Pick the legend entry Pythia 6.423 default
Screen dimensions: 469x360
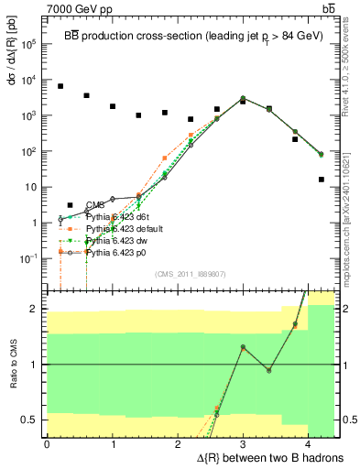pyautogui.click(x=120, y=228)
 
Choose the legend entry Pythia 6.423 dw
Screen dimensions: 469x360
pyautogui.click(x=114, y=239)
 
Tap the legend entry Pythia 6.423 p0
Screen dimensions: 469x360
pyautogui.click(x=114, y=250)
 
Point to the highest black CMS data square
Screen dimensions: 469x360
pyautogui.click(x=60, y=86)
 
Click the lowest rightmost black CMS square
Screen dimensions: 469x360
pyautogui.click(x=322, y=180)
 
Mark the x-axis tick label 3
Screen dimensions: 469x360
pyautogui.click(x=243, y=444)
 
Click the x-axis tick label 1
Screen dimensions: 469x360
pyautogui.click(x=112, y=444)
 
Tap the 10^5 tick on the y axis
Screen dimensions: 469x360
pyautogui.click(x=29, y=43)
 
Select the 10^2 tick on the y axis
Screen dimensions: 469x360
pyautogui.click(x=29, y=151)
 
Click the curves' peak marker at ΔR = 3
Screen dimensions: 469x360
pyautogui.click(x=243, y=98)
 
